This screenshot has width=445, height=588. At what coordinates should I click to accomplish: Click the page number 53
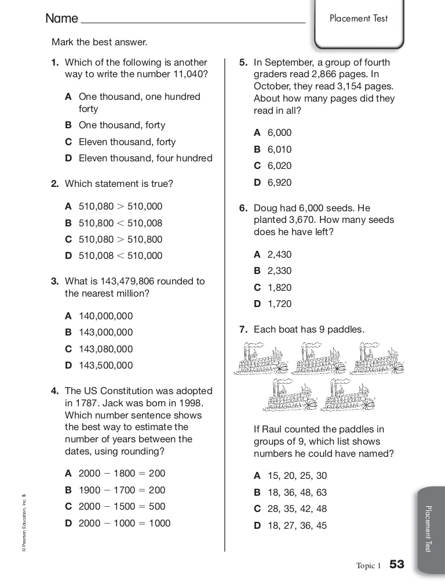pos(396,565)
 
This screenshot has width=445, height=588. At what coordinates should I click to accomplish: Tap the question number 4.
pos(54,391)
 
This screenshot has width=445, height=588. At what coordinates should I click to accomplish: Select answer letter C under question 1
pos(68,142)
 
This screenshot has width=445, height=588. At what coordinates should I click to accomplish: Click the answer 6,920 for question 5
pos(279,182)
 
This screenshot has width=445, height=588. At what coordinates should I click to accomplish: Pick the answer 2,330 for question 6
pos(279,270)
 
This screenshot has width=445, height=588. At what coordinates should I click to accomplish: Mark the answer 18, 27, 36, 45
pos(297,526)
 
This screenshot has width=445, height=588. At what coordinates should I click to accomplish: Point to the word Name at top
pos(61,19)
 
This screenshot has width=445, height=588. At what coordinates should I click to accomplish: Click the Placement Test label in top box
pos(359,19)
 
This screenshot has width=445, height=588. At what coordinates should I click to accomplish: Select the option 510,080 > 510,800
pos(121,239)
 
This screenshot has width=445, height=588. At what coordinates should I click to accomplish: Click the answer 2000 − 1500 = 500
pos(122,506)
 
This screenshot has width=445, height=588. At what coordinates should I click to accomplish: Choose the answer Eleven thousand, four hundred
pos(145,158)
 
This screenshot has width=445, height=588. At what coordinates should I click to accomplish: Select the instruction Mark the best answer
pos(100,42)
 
